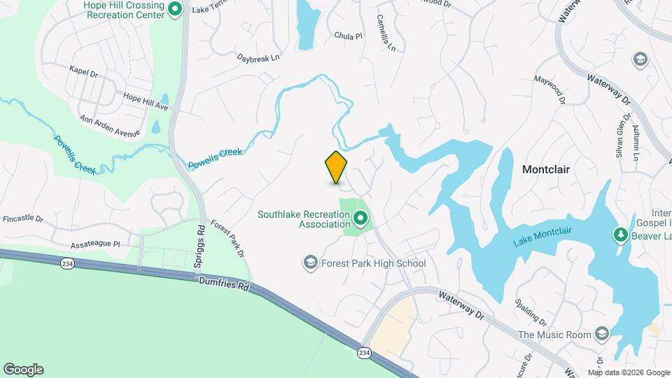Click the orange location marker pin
click(337, 167)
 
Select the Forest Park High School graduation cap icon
click(310, 263)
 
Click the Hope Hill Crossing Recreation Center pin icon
click(176, 9)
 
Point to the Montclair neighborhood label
click(546, 169)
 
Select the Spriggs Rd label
click(201, 247)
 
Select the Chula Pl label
click(348, 35)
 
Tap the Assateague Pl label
click(96, 246)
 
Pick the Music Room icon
click(601, 334)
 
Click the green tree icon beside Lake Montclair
click(619, 234)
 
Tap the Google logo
click(23, 369)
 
